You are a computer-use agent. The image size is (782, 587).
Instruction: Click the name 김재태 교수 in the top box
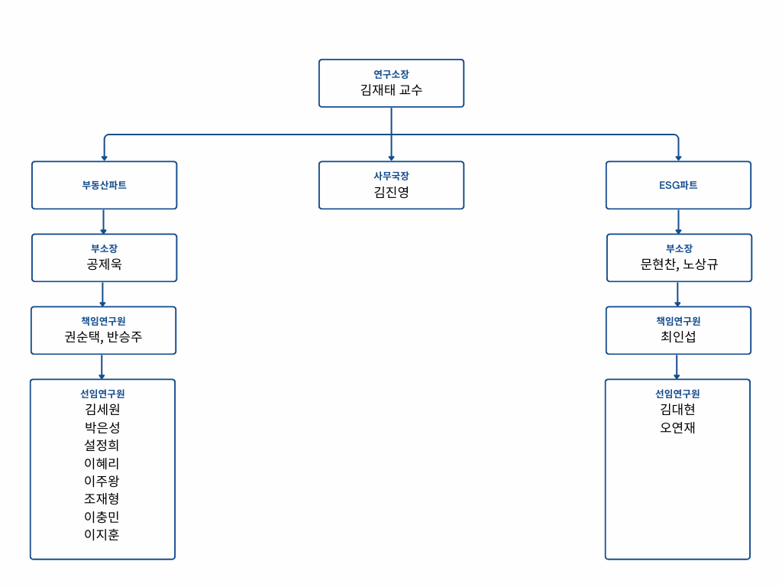click(x=391, y=90)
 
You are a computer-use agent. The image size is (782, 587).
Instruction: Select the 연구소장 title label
click(x=391, y=74)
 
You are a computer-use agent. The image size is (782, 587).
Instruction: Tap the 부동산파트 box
click(x=104, y=185)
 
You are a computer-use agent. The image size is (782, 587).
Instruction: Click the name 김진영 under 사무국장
click(x=391, y=193)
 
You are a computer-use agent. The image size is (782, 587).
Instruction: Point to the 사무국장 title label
click(x=391, y=176)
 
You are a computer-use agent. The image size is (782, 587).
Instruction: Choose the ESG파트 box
click(x=678, y=185)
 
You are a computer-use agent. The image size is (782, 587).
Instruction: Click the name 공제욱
click(x=104, y=265)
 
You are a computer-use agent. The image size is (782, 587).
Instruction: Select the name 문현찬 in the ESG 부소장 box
click(x=658, y=265)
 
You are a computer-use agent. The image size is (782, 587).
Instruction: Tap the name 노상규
click(x=700, y=265)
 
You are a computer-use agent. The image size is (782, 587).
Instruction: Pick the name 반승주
click(x=124, y=337)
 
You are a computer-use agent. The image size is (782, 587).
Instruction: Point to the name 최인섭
click(x=678, y=337)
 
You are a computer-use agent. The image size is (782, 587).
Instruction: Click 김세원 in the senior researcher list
click(x=102, y=410)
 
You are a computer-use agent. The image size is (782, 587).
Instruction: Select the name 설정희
click(x=102, y=445)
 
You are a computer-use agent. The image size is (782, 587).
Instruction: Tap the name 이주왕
click(x=102, y=481)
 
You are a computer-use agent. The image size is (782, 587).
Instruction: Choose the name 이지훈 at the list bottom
click(x=102, y=534)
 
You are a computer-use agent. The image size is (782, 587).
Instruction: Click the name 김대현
click(x=677, y=410)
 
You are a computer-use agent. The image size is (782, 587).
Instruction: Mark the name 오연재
click(x=677, y=427)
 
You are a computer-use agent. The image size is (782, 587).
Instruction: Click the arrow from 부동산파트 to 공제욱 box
click(x=104, y=221)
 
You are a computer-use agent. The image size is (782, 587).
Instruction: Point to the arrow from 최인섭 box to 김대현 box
click(x=677, y=367)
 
